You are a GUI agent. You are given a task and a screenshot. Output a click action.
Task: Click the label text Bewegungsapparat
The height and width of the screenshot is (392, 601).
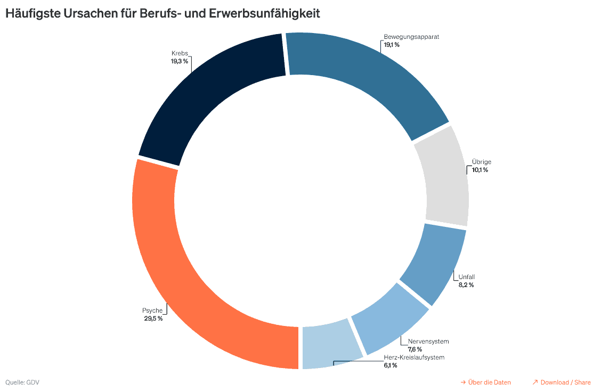[411, 37]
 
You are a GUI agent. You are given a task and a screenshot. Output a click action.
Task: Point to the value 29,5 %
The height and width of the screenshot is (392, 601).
[153, 318]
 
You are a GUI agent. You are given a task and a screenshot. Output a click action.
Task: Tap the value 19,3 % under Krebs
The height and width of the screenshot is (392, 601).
[179, 61]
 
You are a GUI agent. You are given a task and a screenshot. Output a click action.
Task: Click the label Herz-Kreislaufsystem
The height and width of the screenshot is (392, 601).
[413, 357]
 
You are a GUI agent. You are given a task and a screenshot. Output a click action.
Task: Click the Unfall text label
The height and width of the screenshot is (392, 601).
[466, 277]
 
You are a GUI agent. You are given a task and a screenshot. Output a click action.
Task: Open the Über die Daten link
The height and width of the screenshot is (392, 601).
[485, 382]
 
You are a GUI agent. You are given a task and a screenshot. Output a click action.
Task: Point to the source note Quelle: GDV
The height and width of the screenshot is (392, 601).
[22, 382]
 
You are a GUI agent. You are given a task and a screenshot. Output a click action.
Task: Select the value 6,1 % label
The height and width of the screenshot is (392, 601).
[390, 365]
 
